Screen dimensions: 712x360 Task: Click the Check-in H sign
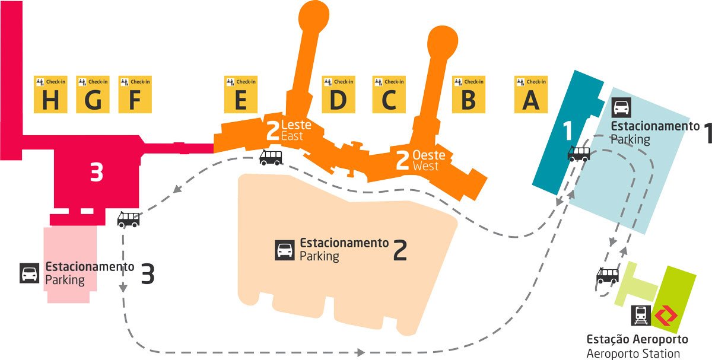(50, 94)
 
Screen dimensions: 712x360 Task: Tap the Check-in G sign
(93, 94)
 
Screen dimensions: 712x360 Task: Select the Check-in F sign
(135, 94)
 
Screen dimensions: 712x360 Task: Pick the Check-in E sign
(241, 94)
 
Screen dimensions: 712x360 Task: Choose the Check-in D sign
(339, 94)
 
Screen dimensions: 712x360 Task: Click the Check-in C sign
(389, 94)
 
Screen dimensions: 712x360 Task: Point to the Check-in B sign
(469, 94)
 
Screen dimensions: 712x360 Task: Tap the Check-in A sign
(531, 94)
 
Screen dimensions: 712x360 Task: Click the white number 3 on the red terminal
(97, 172)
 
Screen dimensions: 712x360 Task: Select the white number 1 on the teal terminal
(568, 130)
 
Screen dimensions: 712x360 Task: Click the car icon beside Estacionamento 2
(284, 250)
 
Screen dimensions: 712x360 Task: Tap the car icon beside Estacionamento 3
(29, 273)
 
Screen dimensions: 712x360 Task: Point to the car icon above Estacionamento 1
(621, 107)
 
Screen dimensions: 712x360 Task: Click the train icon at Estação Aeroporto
(641, 315)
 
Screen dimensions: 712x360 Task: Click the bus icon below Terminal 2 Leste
(271, 158)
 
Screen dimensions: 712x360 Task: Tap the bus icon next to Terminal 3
(128, 219)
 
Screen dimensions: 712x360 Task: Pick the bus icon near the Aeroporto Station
(608, 275)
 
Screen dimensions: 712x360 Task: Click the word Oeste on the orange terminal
(429, 155)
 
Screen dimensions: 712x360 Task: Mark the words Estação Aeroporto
(637, 339)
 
